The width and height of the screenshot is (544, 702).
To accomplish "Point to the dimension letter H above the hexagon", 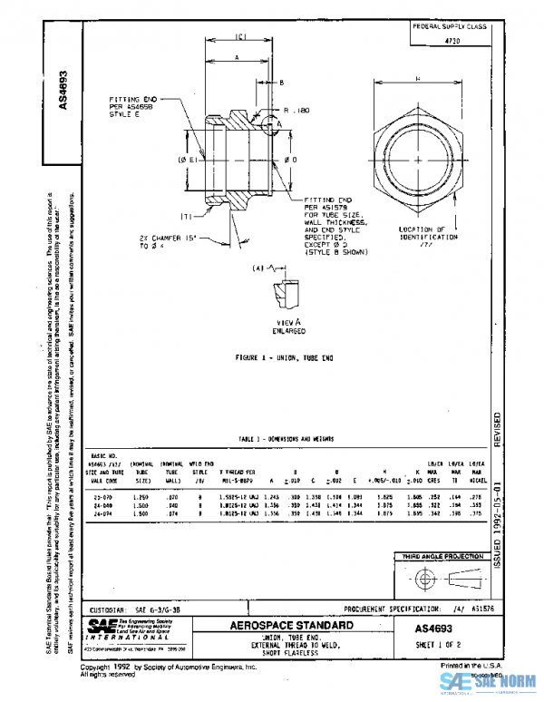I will pyautogui.click(x=418, y=80).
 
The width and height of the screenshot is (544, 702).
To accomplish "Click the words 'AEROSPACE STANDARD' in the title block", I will pyautogui.click(x=284, y=626).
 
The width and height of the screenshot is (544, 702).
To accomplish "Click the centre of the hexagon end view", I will pyautogui.click(x=418, y=161).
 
